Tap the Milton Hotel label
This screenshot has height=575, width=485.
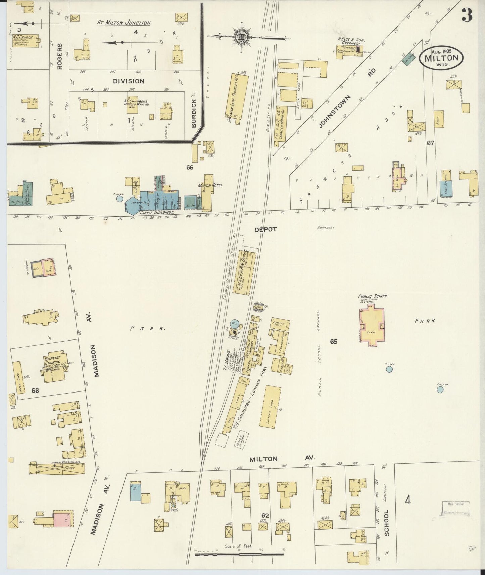tap(210, 185)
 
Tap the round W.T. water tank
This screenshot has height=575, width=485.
tap(234, 324)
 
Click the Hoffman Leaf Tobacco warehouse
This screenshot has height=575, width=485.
tap(239, 99)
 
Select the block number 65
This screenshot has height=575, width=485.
tap(333, 342)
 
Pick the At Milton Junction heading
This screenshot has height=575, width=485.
tap(124, 23)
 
